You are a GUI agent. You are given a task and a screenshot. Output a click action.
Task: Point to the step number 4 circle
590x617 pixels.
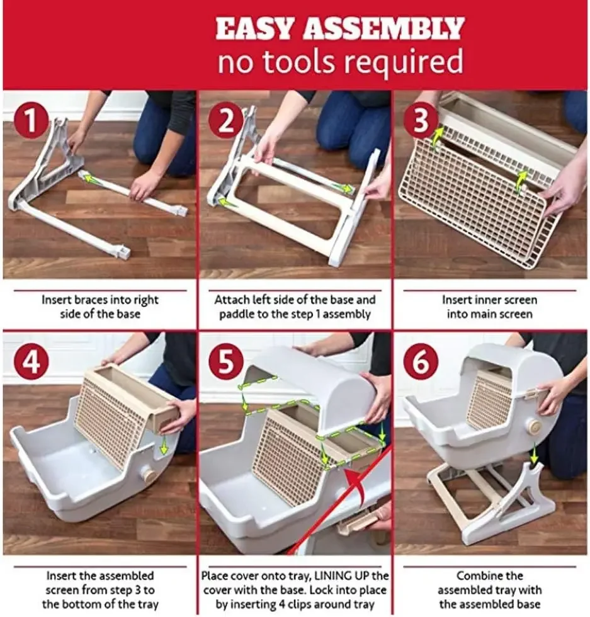point(31,362)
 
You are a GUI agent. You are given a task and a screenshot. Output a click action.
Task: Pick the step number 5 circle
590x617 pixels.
point(225,362)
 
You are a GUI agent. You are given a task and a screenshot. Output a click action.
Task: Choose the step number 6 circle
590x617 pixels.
point(421,362)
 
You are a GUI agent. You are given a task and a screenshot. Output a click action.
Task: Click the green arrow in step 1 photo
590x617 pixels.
point(93,179)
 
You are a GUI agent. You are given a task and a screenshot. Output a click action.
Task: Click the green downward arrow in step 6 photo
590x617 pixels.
point(533,453)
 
